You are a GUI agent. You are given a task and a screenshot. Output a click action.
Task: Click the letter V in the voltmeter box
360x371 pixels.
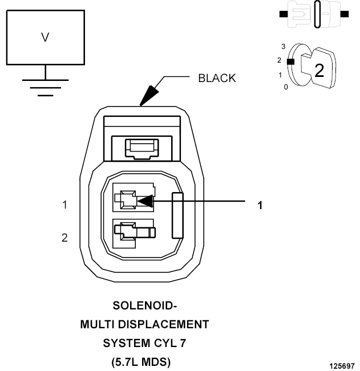(x=45, y=38)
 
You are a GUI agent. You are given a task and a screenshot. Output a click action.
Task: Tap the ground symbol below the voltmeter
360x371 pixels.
(x=45, y=88)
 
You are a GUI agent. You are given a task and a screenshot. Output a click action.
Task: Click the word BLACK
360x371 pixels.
(x=217, y=78)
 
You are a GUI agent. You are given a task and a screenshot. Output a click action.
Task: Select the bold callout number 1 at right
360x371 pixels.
(x=260, y=205)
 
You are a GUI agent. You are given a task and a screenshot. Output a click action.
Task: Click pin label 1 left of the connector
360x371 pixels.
(x=64, y=205)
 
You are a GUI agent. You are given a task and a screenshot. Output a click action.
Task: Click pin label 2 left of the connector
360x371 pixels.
(x=64, y=238)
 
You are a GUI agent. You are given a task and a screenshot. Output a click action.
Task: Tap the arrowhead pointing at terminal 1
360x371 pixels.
(x=145, y=201)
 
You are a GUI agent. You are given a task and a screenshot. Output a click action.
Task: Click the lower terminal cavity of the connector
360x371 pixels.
(x=134, y=234)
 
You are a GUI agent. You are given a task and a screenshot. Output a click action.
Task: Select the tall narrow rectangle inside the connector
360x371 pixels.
(x=177, y=215)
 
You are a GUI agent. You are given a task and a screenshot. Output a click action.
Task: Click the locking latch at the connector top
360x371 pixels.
(x=142, y=149)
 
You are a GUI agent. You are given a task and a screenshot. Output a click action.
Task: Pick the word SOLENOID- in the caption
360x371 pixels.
(x=145, y=305)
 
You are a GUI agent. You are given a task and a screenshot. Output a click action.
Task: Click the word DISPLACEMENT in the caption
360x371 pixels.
(x=163, y=324)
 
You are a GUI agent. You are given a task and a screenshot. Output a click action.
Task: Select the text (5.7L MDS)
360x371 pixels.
(x=141, y=362)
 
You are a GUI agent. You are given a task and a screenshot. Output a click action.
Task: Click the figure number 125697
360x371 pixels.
(x=342, y=366)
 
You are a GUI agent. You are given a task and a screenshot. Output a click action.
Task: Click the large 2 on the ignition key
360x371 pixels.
(x=319, y=70)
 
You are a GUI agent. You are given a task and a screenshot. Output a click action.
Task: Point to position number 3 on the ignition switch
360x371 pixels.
(x=283, y=46)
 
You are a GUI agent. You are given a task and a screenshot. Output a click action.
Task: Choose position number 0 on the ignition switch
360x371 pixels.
(x=286, y=87)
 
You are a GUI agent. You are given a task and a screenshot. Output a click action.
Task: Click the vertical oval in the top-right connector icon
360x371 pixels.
(x=317, y=14)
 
